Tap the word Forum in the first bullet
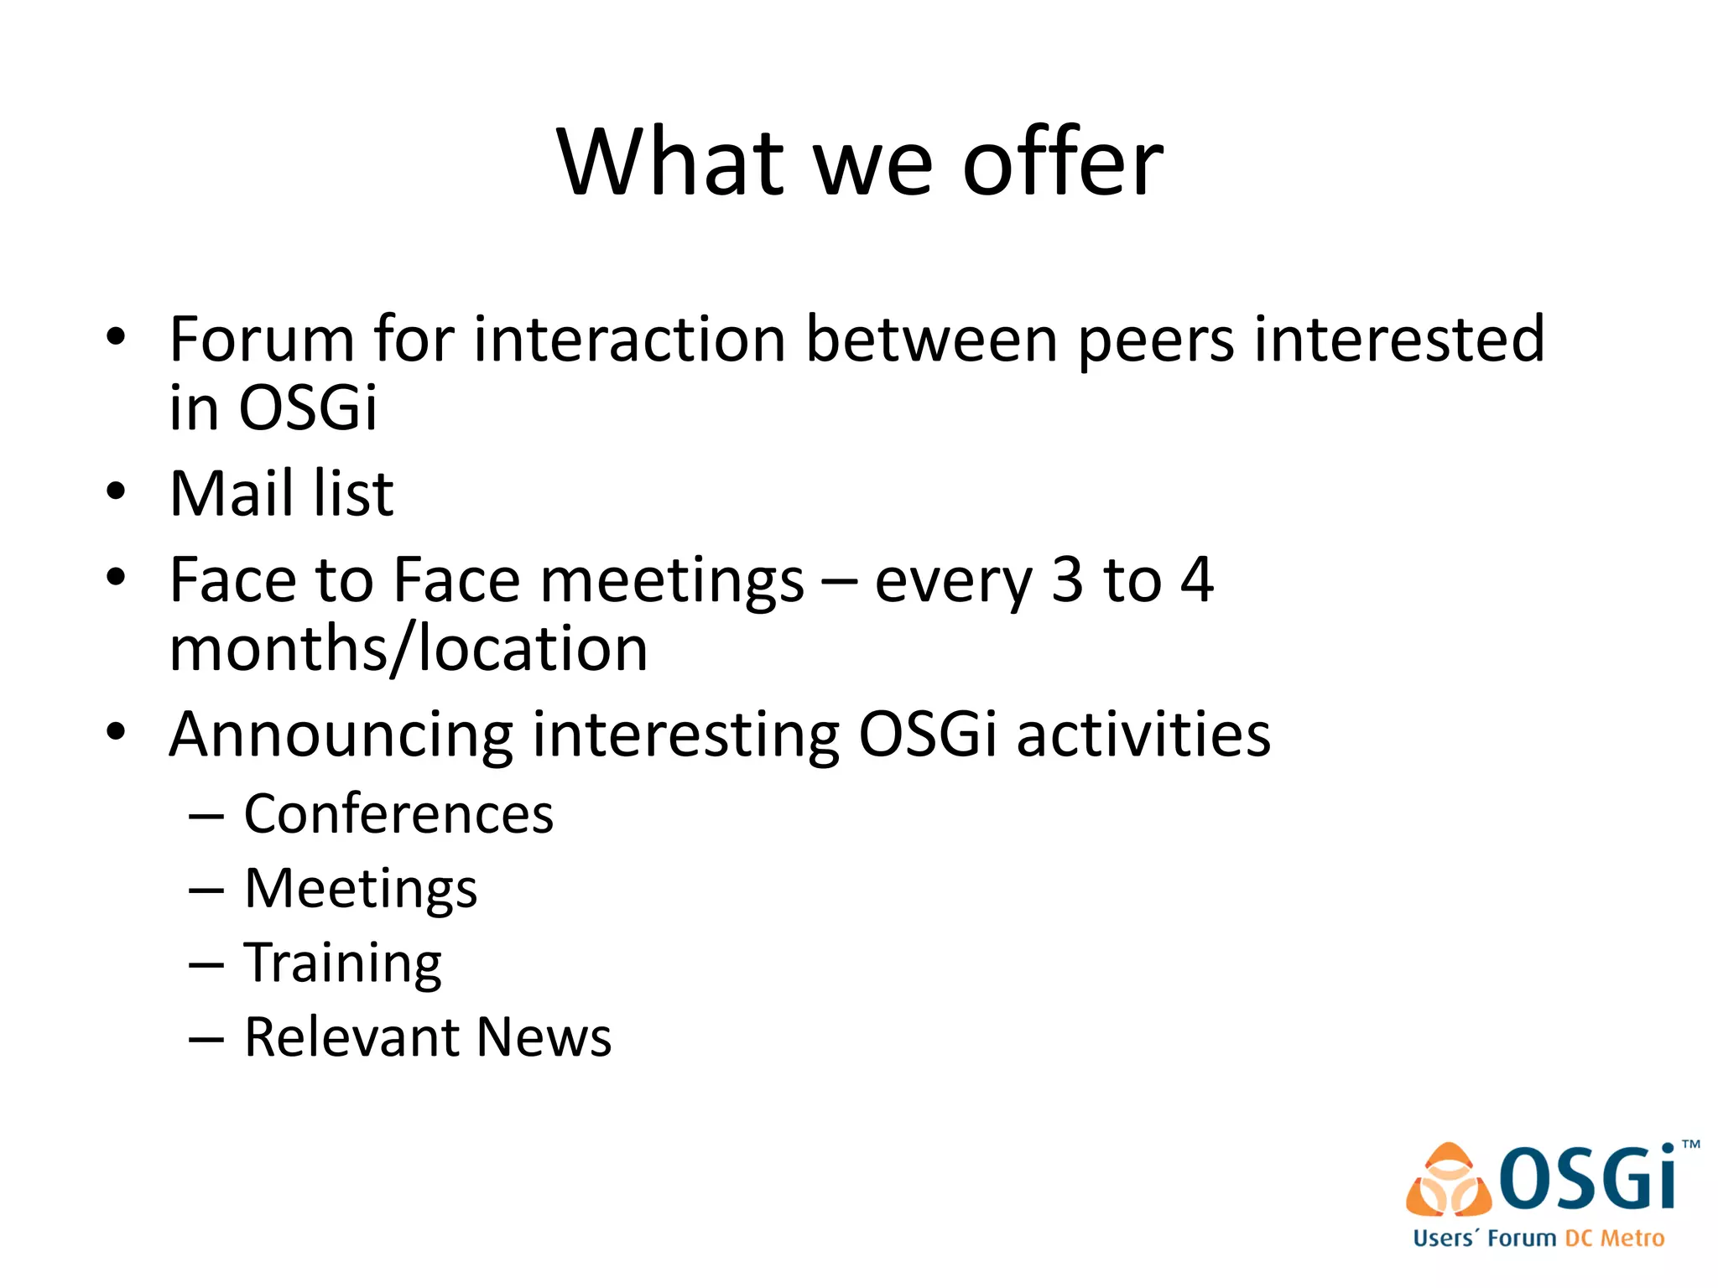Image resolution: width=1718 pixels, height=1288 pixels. coord(261,339)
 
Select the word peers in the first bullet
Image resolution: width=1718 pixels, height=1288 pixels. coord(1155,340)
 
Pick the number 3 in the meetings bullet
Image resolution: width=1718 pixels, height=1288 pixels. coord(1067,579)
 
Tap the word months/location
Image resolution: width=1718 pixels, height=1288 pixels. coord(409,649)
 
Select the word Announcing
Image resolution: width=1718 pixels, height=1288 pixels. coord(340,735)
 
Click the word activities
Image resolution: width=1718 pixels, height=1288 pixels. coord(1143,735)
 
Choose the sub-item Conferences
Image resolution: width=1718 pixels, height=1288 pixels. coord(398,813)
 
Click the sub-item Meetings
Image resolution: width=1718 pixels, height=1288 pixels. coord(361,888)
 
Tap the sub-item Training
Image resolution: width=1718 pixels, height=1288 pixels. coord(342,963)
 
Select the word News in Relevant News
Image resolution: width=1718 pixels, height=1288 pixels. coord(544,1037)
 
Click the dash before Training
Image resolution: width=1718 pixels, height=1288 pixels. coord(206,965)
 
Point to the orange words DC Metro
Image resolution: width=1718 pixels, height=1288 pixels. coord(1614,1239)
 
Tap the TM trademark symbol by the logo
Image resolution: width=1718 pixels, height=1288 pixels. coord(1690,1145)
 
